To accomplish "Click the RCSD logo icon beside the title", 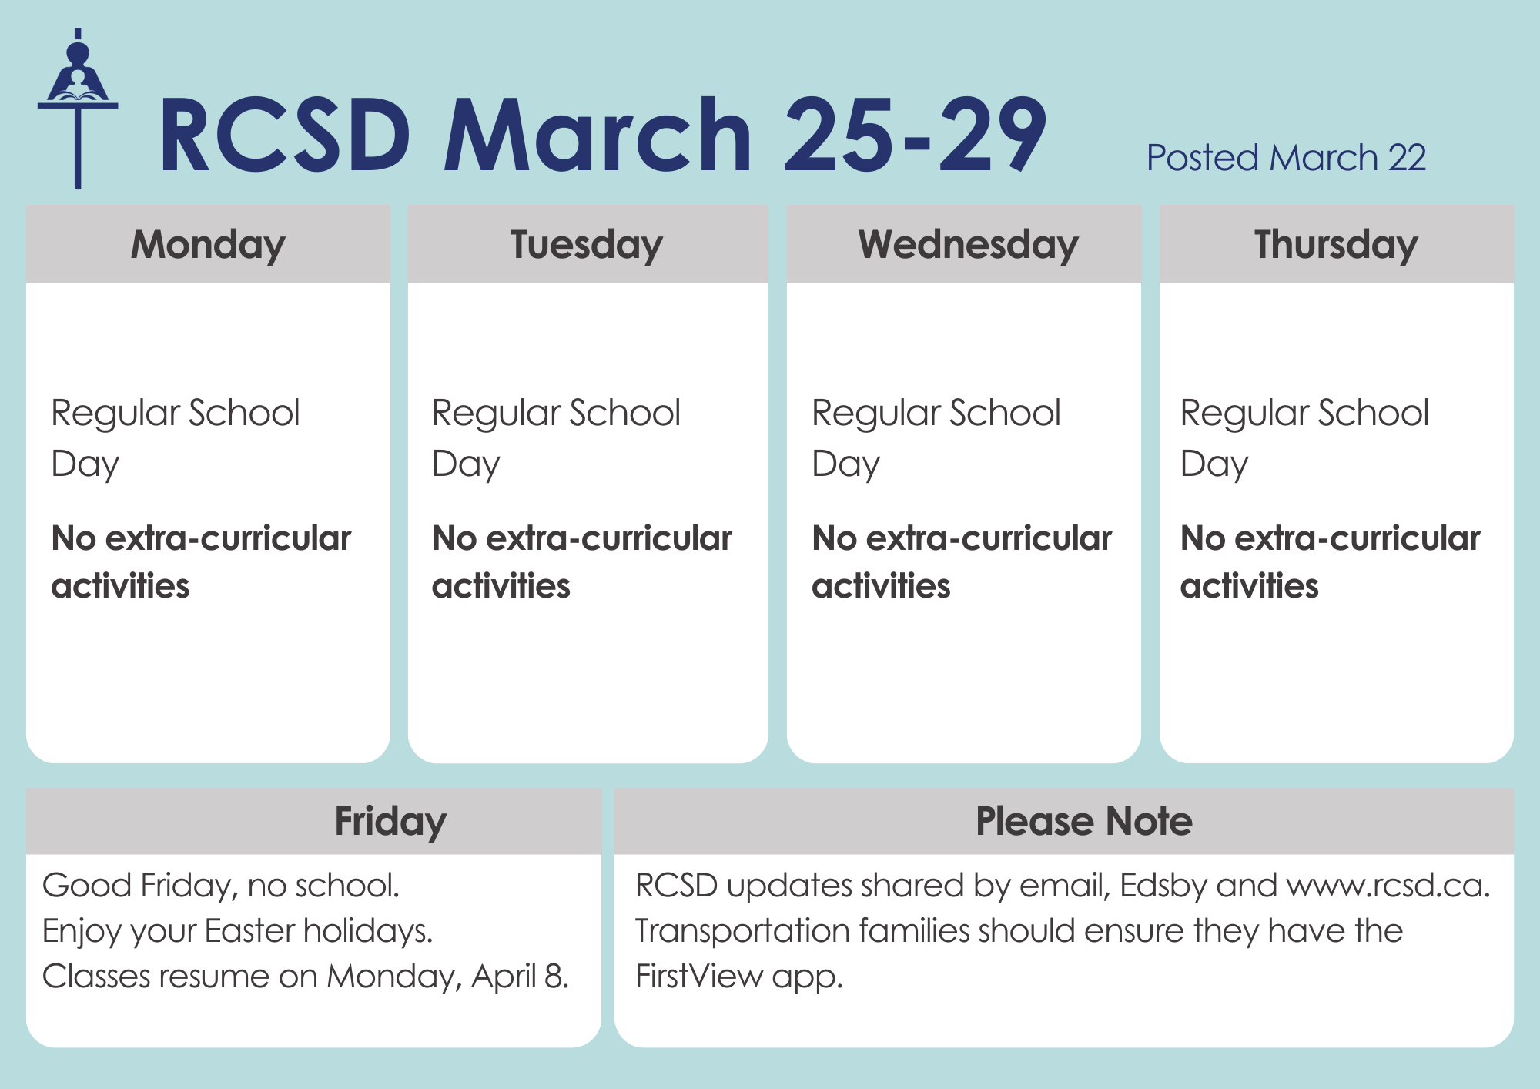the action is click(x=78, y=109).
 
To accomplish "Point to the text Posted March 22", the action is click(x=1286, y=158).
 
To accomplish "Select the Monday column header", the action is click(x=208, y=245).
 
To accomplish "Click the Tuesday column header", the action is click(x=587, y=245).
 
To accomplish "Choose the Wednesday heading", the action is click(x=968, y=245).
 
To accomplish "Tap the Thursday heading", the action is click(x=1336, y=245).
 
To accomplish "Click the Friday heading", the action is click(x=390, y=822).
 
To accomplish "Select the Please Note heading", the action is click(x=1084, y=821).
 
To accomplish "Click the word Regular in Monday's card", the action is click(x=115, y=414).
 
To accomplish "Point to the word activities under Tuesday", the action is click(x=501, y=586).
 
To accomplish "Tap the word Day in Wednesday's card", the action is click(x=845, y=464).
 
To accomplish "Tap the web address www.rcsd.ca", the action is click(x=1388, y=886).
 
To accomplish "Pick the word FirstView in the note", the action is click(x=699, y=977).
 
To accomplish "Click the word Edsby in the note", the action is click(x=1163, y=886).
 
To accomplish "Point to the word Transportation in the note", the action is click(x=742, y=931).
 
